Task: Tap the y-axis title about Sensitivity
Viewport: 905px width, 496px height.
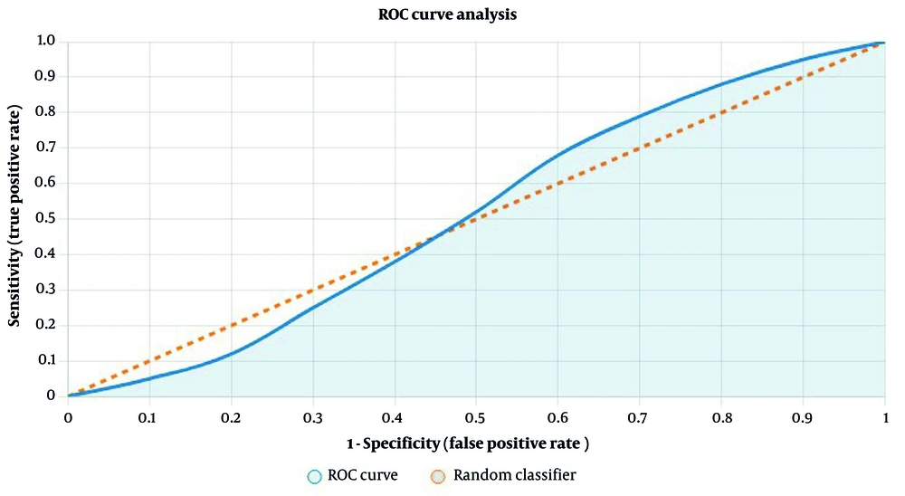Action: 14,218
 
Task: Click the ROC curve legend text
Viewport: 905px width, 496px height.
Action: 362,474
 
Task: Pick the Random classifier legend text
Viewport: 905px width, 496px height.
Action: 514,474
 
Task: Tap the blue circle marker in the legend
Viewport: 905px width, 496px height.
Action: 314,475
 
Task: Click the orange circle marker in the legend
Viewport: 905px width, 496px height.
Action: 438,475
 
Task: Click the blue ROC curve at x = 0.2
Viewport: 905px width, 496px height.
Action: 231,353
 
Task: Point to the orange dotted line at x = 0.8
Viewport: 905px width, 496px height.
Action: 721,112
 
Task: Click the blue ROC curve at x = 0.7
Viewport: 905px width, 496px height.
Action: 639,117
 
